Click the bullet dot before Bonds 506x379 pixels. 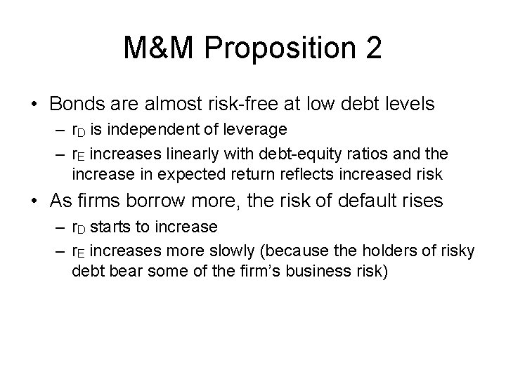click(x=34, y=105)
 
